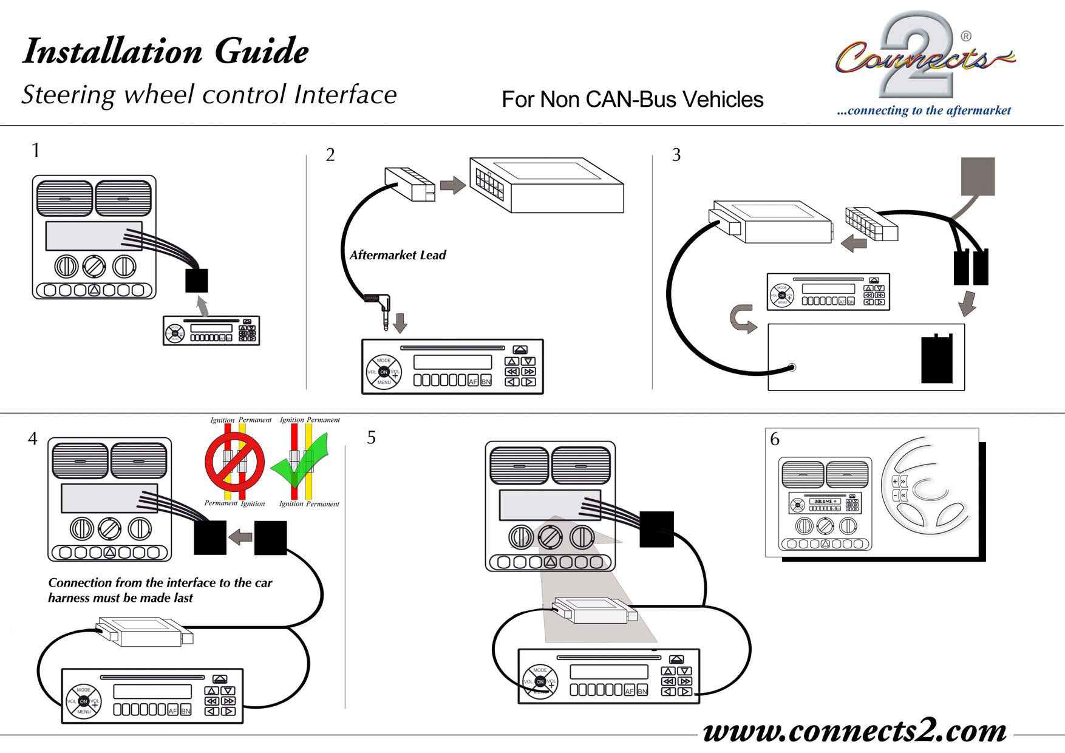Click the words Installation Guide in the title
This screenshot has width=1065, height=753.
point(165,51)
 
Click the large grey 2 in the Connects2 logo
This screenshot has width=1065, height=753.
point(911,58)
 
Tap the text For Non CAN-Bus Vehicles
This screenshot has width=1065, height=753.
point(632,100)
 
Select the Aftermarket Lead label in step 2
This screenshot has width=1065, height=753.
point(398,256)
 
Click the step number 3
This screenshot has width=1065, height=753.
point(676,155)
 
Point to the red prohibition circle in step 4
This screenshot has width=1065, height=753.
point(234,462)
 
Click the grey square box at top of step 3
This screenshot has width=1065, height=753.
point(978,176)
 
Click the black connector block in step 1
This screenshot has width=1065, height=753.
point(197,281)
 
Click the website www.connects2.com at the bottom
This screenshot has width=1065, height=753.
point(854,731)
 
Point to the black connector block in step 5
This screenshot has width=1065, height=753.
point(656,529)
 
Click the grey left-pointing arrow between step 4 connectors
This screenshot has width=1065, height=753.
point(241,537)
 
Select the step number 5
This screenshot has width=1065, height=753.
point(372,438)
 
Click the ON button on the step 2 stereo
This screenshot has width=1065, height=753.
point(384,372)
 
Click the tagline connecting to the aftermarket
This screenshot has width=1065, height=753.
point(924,111)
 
